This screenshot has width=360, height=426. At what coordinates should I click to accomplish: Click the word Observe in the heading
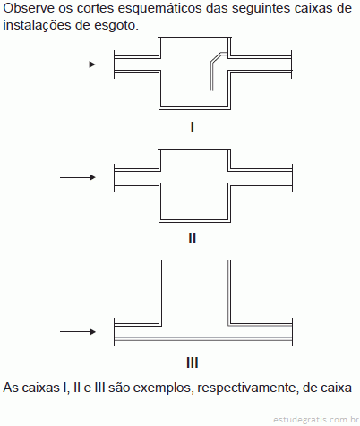pyautogui.click(x=29, y=8)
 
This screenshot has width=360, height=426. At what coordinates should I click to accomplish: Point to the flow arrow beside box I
pyautogui.click(x=77, y=64)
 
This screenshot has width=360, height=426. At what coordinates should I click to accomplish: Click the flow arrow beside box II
pyautogui.click(x=78, y=177)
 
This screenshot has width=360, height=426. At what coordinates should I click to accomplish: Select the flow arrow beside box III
pyautogui.click(x=78, y=331)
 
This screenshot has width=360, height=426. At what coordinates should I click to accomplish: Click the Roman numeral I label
pyautogui.click(x=193, y=127)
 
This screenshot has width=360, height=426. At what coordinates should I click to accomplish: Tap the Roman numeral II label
pyautogui.click(x=193, y=238)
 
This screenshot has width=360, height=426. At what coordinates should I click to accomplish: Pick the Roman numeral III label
pyautogui.click(x=193, y=362)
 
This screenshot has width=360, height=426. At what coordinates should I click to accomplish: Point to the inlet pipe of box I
pyautogui.click(x=137, y=64)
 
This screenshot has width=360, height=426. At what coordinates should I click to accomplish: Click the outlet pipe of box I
pyautogui.click(x=260, y=64)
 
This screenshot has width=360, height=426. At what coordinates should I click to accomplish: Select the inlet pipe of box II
pyautogui.click(x=137, y=177)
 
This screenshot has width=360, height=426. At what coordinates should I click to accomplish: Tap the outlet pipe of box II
pyautogui.click(x=260, y=177)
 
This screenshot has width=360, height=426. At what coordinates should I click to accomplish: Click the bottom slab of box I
pyautogui.click(x=194, y=108)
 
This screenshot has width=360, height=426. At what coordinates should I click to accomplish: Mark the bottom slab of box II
pyautogui.click(x=194, y=221)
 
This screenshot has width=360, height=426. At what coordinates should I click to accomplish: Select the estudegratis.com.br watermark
pyautogui.click(x=316, y=420)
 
